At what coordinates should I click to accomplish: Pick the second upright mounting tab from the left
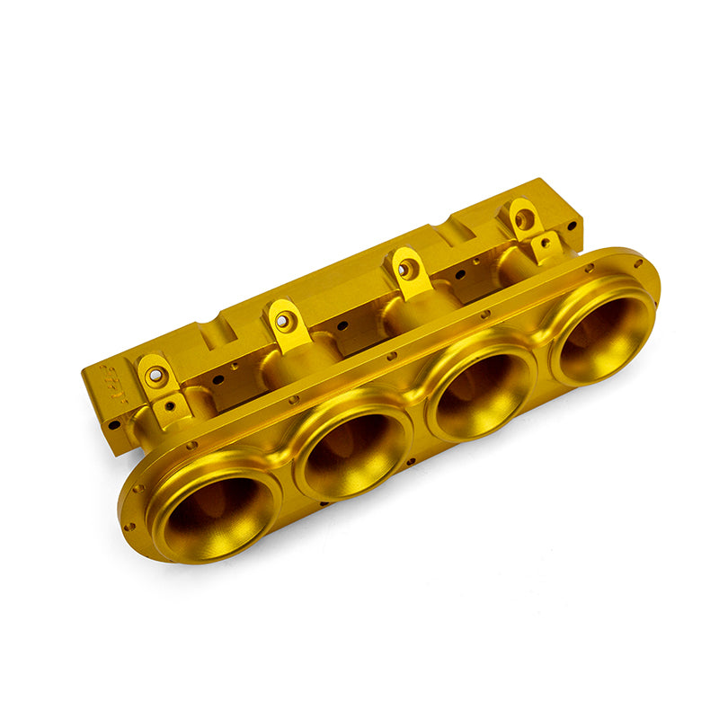(x=284, y=320)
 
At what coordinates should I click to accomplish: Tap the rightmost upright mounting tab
(x=523, y=217)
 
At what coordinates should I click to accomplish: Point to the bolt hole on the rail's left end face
(x=114, y=423)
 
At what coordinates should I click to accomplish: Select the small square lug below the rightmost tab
(x=546, y=244)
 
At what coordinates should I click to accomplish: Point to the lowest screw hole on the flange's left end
(x=130, y=527)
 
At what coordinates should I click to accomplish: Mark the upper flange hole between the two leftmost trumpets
(x=293, y=398)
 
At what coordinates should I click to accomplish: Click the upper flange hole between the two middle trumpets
(x=392, y=356)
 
